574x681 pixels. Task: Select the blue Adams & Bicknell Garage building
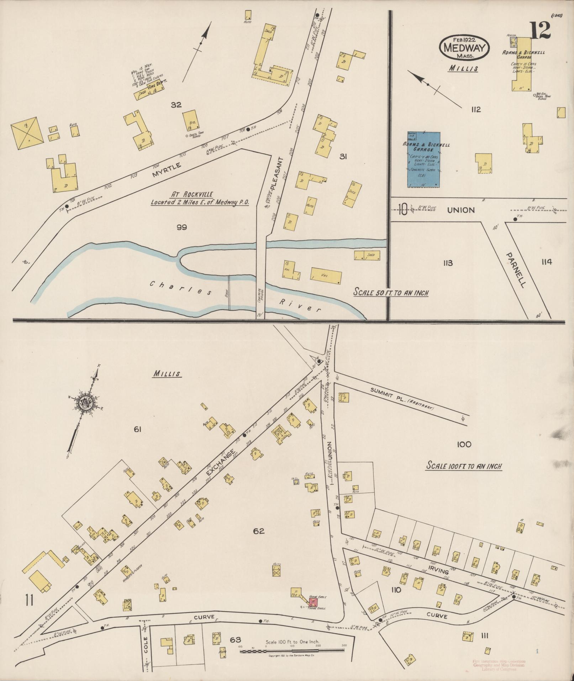click(x=423, y=159)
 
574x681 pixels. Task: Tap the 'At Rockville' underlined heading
click(x=192, y=194)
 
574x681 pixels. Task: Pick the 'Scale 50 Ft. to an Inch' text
click(x=391, y=293)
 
